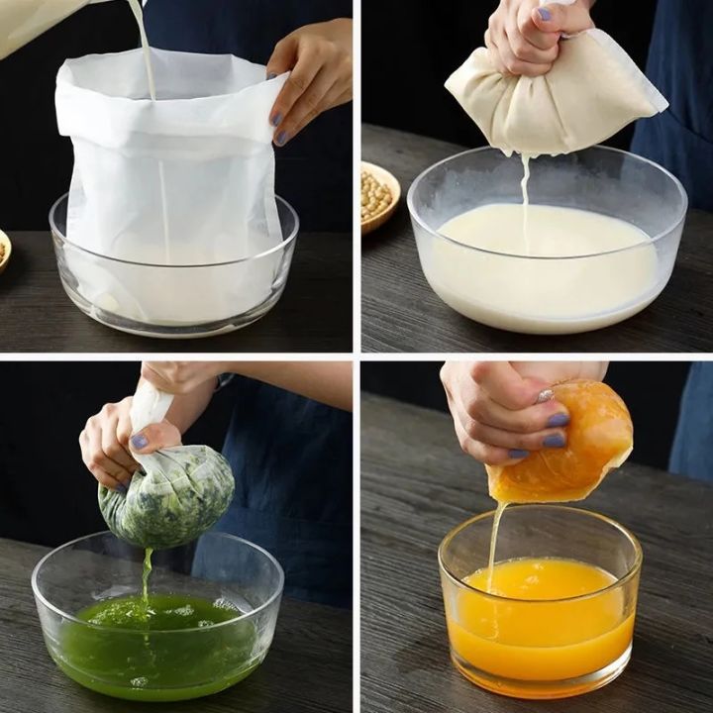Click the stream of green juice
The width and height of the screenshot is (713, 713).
[147, 574]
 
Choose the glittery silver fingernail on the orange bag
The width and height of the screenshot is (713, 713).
[545, 396]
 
